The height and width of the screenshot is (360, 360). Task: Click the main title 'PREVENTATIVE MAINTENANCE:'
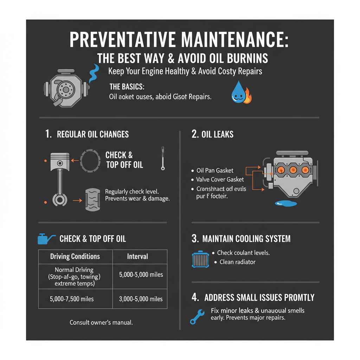coord(179,40)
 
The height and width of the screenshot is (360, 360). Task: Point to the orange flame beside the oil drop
coord(247,97)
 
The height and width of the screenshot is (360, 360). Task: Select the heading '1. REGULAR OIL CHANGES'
coord(87,134)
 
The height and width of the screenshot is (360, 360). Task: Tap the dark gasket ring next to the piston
coord(91,161)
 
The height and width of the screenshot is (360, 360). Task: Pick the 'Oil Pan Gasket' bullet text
coord(214,171)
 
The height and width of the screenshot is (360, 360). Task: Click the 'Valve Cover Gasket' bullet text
coord(220,180)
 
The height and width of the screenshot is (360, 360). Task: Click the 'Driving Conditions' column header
coord(75,256)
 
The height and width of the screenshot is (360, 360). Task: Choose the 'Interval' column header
coord(137,256)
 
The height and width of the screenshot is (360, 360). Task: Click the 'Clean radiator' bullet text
coord(237,262)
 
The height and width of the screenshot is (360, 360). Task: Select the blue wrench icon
coord(197,316)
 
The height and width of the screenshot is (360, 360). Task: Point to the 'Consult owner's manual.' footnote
coord(101,322)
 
